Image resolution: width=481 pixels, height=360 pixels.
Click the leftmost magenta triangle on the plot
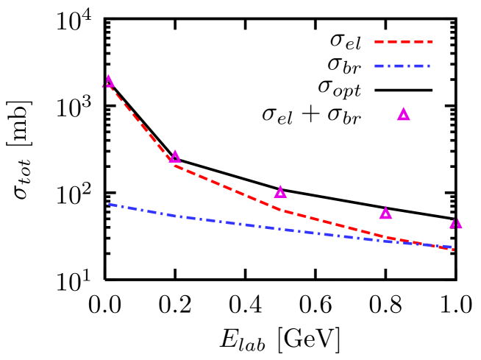[x=108, y=81]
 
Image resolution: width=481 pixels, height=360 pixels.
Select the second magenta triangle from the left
[x=175, y=157]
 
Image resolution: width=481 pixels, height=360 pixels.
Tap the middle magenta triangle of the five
[x=280, y=192]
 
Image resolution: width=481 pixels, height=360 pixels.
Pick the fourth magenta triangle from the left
[x=385, y=213]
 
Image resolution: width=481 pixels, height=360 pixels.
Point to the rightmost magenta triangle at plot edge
[x=456, y=223]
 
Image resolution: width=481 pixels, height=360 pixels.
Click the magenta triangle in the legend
[x=403, y=114]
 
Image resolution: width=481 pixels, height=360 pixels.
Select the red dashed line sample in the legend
[x=403, y=42]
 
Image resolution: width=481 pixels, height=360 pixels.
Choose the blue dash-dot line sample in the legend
[x=402, y=66]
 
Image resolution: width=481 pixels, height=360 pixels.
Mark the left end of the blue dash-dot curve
[x=110, y=204]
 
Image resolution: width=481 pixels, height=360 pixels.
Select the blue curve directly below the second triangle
[x=175, y=216]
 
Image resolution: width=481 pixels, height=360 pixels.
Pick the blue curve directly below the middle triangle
[x=280, y=229]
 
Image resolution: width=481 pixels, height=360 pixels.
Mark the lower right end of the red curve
[x=454, y=250]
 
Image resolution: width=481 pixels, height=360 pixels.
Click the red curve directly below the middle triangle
[x=280, y=210]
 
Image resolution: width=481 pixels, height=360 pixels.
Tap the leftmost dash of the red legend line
[x=379, y=42]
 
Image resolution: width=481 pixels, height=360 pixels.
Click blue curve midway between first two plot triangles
[x=142, y=210]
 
